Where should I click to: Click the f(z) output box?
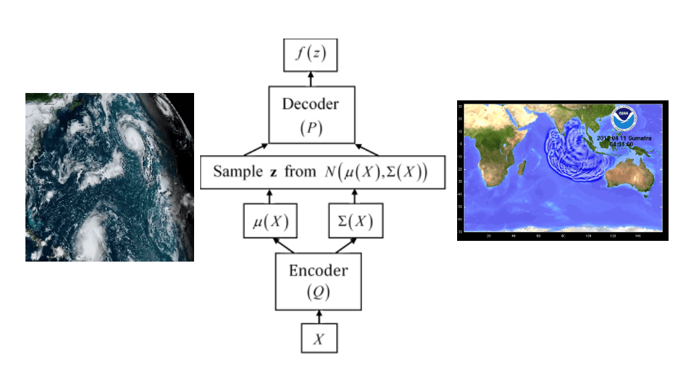[311, 55]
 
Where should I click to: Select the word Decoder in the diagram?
[310, 104]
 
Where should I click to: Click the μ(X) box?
[270, 221]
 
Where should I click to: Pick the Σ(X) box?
[355, 221]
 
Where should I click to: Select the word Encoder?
[319, 271]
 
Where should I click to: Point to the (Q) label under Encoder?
[319, 292]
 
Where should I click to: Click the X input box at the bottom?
[319, 339]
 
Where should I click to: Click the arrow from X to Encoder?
[319, 316]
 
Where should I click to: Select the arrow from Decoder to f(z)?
[311, 79]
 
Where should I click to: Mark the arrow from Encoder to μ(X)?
[284, 247]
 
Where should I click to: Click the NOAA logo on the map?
[624, 118]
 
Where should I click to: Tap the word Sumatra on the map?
[640, 137]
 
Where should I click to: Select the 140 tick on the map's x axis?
[639, 236]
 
